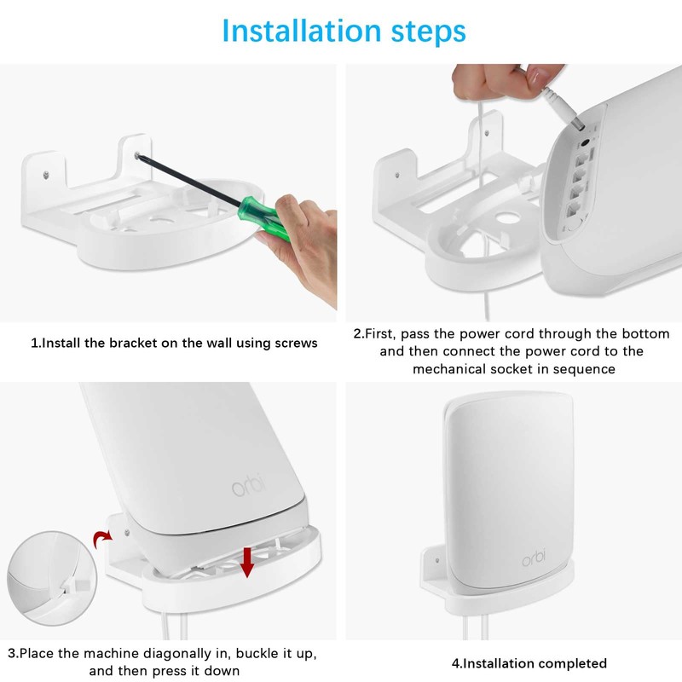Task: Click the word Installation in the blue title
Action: point(302,32)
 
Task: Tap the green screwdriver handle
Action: point(264,217)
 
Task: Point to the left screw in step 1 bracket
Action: point(46,175)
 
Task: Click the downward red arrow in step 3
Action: point(247,562)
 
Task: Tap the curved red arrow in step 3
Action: point(102,538)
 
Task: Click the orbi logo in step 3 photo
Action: point(248,485)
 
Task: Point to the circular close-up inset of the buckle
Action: point(52,578)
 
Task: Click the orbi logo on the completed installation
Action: point(534,558)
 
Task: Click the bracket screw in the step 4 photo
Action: point(437,560)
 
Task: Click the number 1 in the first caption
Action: point(34,344)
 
